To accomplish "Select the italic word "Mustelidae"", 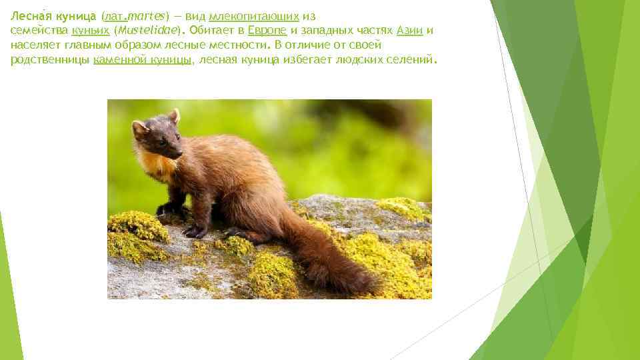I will [150, 31].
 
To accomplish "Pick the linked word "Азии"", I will [409, 31].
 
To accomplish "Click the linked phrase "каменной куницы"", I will [143, 60].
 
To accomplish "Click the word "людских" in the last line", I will [339, 60].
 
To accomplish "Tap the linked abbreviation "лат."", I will [117, 16].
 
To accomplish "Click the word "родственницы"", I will [49, 60].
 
